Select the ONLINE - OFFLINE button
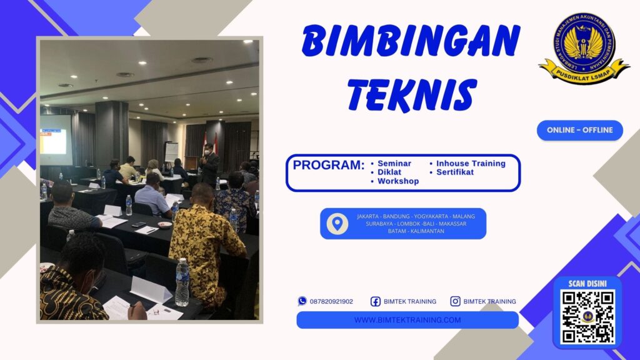tap(579, 130)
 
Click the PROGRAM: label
tap(329, 166)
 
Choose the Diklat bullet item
tap(389, 172)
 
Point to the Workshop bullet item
tap(397, 181)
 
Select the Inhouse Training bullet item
tap(470, 163)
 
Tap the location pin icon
tap(337, 224)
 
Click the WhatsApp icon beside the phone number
tap(302, 301)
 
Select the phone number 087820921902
tap(331, 301)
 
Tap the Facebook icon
tap(376, 301)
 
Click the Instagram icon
tap(455, 301)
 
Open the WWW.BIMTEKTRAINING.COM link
tap(407, 320)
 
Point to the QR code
tap(587, 316)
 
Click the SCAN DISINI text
tap(587, 282)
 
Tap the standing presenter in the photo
tap(209, 166)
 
